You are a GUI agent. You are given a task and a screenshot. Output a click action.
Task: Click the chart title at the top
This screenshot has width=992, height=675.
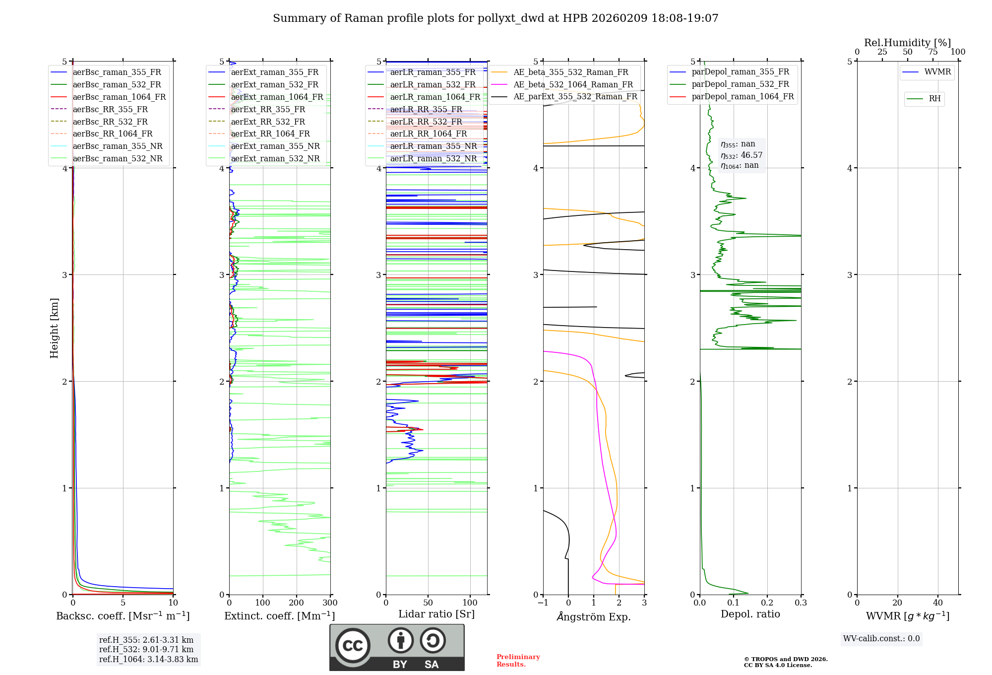(496, 18)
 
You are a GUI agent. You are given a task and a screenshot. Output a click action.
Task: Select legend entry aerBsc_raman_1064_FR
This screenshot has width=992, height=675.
(119, 97)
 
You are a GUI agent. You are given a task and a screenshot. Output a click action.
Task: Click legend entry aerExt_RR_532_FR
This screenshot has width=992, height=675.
(268, 122)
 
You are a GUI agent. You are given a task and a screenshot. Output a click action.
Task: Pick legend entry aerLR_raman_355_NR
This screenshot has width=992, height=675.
(433, 146)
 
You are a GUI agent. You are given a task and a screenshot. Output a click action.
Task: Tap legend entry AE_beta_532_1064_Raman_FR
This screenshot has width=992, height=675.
(573, 84)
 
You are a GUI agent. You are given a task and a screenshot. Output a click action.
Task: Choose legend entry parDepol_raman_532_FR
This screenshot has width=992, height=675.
(740, 84)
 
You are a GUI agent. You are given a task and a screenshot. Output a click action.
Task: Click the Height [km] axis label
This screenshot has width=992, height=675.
(54, 328)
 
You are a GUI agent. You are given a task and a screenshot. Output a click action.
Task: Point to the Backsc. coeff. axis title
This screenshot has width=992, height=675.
(123, 616)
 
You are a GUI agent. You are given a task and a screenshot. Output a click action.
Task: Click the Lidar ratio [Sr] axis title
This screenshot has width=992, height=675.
(436, 614)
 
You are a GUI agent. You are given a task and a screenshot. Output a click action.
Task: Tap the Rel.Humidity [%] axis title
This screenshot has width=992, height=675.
(907, 43)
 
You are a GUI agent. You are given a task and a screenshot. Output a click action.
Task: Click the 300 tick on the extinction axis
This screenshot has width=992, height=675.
(330, 603)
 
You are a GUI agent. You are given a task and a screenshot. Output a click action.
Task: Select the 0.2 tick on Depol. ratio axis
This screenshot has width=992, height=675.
(767, 603)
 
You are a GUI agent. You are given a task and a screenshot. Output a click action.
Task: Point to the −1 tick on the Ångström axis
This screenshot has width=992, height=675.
(543, 603)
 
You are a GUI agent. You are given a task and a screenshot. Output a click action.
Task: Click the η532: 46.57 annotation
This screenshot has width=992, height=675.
(742, 155)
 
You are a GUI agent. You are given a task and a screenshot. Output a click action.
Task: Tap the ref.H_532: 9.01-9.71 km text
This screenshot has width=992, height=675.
(146, 649)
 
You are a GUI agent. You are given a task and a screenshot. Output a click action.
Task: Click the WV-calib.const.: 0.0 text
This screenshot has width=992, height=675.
(881, 639)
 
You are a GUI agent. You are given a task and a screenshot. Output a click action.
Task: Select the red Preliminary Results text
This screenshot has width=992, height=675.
(518, 661)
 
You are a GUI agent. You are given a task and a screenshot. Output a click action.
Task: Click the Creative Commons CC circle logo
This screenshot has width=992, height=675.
(353, 646)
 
